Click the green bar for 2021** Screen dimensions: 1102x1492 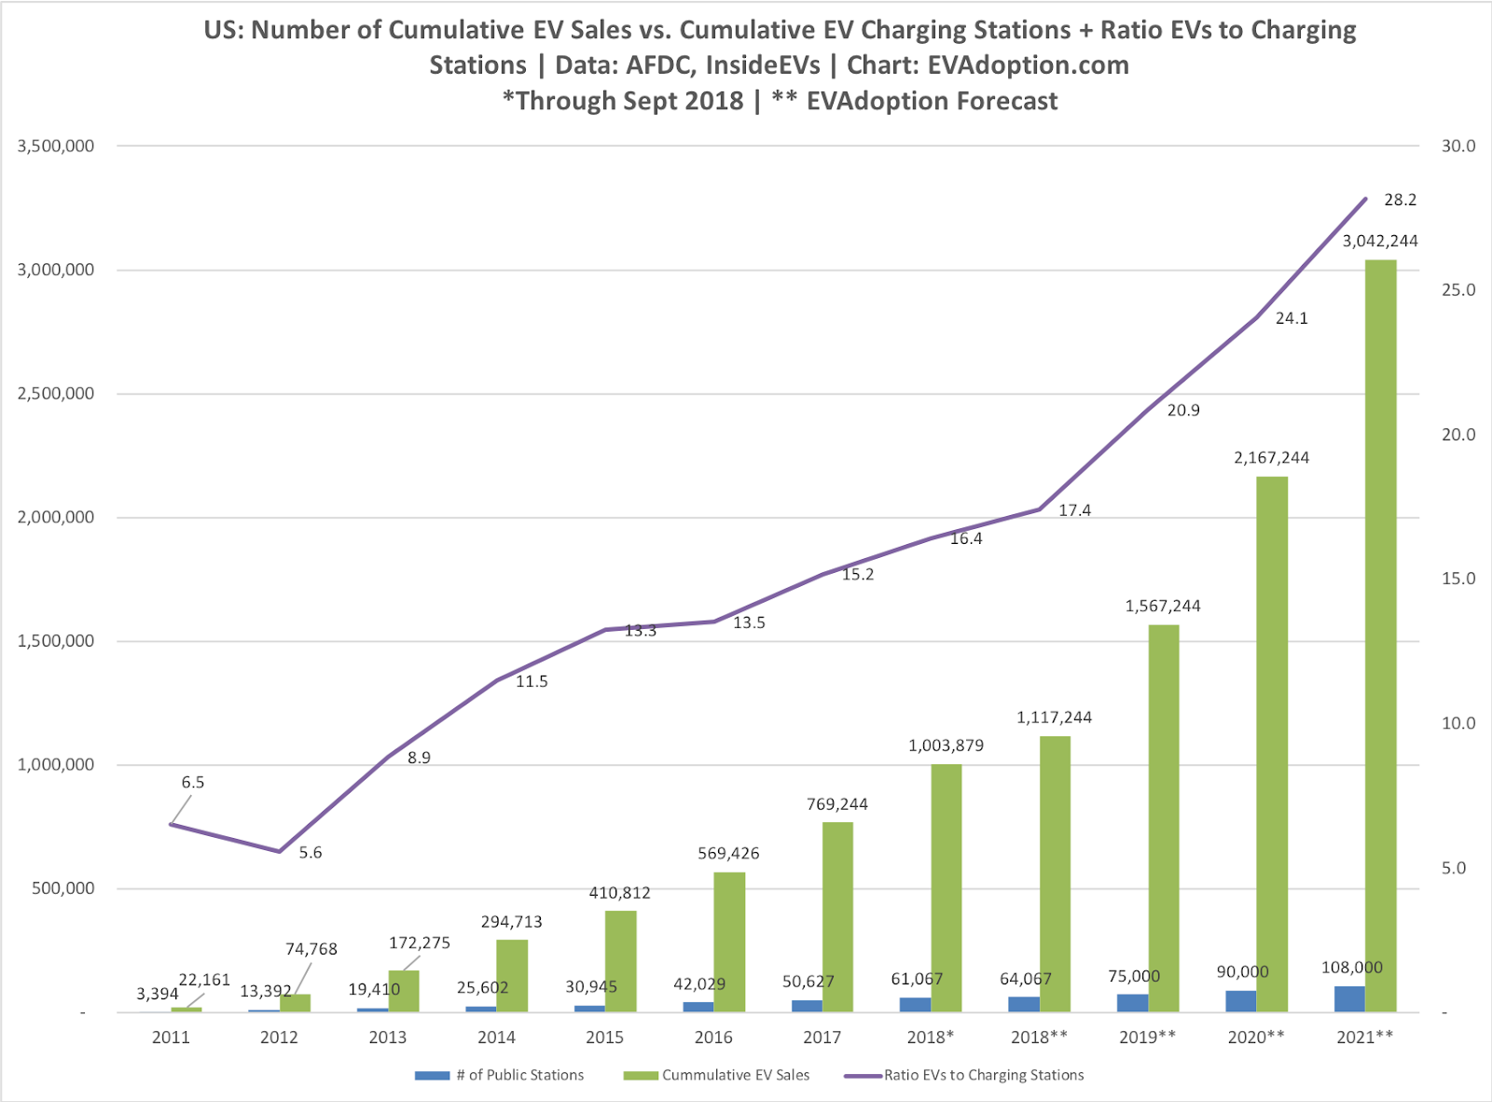coord(1380,635)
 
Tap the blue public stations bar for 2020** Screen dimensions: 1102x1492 coord(1240,1001)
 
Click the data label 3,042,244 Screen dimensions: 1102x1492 coord(1379,241)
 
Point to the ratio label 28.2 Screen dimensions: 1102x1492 coord(1400,200)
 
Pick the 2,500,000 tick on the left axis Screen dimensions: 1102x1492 coord(56,394)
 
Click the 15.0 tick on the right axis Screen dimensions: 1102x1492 coord(1458,579)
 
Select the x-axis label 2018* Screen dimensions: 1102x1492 coord(930,1038)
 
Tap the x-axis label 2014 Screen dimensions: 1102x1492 coord(496,1038)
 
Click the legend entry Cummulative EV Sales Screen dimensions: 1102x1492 coord(736,1075)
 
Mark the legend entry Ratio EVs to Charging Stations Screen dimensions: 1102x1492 coord(984,1075)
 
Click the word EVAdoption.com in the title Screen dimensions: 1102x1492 coord(1028,65)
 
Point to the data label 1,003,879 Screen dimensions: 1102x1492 coord(946,746)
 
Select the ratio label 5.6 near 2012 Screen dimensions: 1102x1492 coord(311,853)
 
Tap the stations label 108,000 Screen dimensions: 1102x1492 coord(1351,968)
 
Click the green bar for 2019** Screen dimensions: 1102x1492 coord(1163,817)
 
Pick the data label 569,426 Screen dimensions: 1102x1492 coord(728,853)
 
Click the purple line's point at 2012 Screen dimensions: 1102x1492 coord(279,851)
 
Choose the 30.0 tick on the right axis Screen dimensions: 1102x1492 coord(1458,146)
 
